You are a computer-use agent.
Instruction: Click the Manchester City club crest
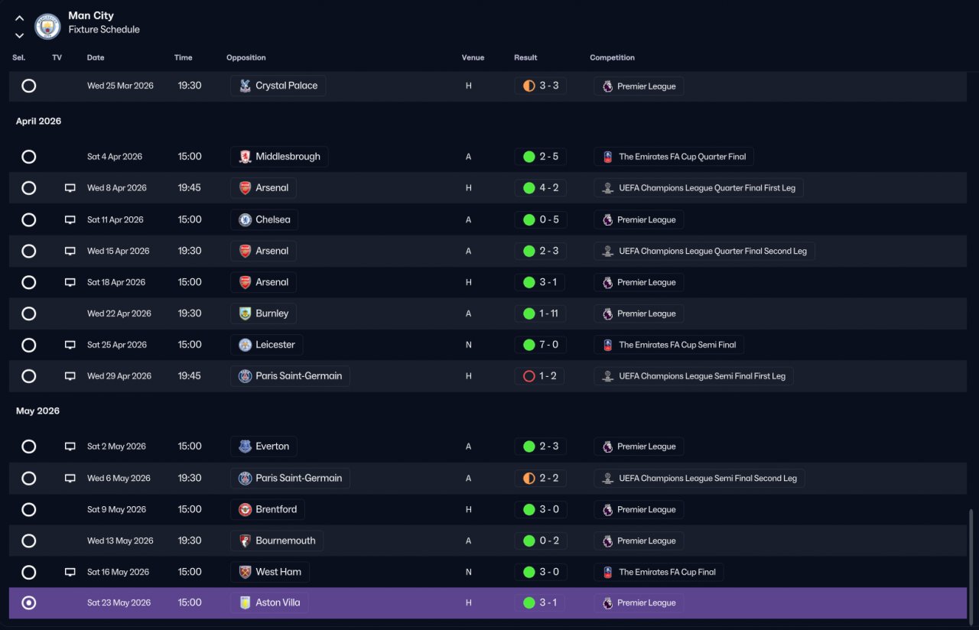tap(47, 27)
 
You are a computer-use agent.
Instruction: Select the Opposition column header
tap(246, 57)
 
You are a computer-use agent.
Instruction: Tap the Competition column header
tap(612, 57)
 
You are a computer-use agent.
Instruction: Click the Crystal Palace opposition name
tap(286, 86)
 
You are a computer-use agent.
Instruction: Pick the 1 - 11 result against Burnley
tap(548, 313)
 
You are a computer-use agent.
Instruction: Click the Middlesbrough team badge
tap(246, 157)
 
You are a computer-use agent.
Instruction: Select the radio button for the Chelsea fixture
tap(29, 219)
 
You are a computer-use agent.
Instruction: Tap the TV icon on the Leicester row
tap(70, 345)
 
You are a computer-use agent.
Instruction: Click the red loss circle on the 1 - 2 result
tap(529, 376)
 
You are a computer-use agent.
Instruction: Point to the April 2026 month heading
tap(38, 121)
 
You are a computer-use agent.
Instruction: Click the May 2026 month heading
tap(37, 411)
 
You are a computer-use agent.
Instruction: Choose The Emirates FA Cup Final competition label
tap(667, 573)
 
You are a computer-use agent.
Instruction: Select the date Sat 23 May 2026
tap(119, 603)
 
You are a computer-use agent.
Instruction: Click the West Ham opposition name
tap(278, 572)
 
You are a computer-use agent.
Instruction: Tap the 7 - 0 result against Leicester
tap(548, 345)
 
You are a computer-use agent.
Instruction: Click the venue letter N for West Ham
tap(469, 573)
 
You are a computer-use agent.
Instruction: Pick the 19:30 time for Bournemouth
tap(190, 541)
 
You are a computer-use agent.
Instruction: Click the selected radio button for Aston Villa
tap(29, 603)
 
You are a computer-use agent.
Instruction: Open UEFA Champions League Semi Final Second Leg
tap(707, 479)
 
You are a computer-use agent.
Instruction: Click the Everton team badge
tap(246, 447)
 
